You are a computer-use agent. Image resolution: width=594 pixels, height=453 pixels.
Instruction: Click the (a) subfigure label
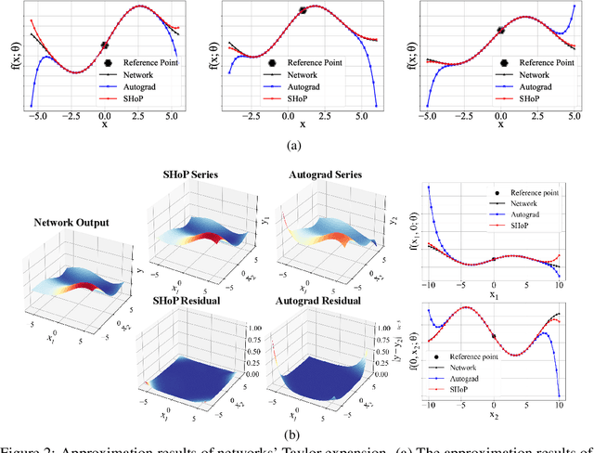[x=297, y=146]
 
